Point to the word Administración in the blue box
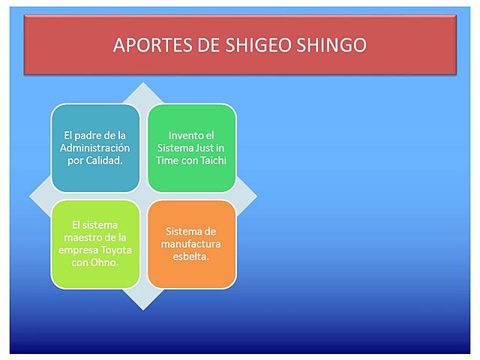point(94,148)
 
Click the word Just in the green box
point(203,148)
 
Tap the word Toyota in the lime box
point(112,250)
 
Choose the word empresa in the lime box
point(75,250)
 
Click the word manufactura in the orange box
point(191,244)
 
